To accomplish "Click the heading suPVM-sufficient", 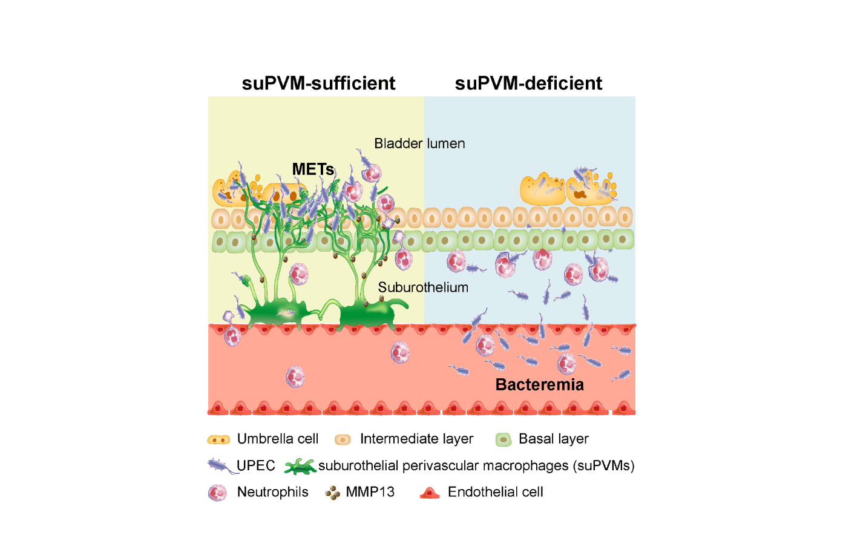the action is (x=318, y=83).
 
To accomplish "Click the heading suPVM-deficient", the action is (x=528, y=83).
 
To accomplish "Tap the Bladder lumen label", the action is (x=419, y=143).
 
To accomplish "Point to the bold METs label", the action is (x=313, y=169).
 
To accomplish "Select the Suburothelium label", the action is (x=423, y=287).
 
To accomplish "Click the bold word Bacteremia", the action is (x=540, y=384).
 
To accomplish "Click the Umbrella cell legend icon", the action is (x=218, y=439).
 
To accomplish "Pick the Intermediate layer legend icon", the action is (x=343, y=439).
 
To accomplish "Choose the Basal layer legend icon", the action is (x=504, y=439).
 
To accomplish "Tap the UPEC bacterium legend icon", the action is (x=222, y=466).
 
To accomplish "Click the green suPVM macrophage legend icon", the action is (x=300, y=467).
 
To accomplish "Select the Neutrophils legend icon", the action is (x=217, y=493).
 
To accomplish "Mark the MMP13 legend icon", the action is (x=333, y=493).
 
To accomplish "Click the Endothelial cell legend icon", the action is (x=430, y=493).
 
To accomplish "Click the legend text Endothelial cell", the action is (x=495, y=492).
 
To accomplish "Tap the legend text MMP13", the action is (x=370, y=492).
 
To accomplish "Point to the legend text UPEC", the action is (x=256, y=465).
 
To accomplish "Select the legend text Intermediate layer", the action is (x=416, y=439).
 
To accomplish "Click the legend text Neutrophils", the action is (x=272, y=492).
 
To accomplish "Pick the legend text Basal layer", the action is (x=554, y=439).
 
